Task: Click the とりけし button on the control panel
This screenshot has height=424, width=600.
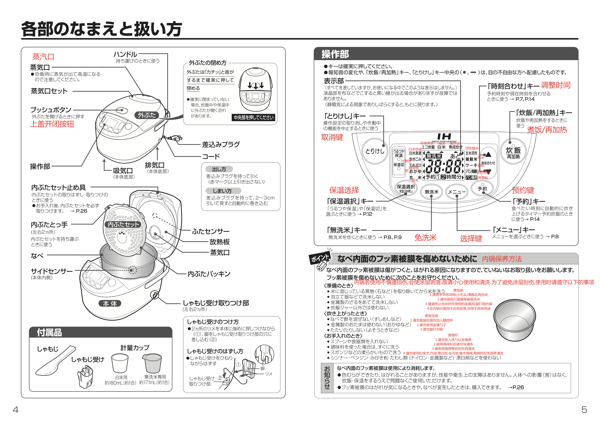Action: (375, 151)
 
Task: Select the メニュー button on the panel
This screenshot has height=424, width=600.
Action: (457, 192)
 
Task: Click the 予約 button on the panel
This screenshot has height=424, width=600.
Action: (482, 188)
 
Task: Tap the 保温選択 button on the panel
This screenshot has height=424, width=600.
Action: (406, 188)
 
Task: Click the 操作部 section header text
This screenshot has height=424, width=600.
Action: (335, 54)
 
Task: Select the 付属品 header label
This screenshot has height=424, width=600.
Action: (49, 333)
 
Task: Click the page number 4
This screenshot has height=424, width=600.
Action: (15, 409)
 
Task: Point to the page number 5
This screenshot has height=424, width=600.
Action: (584, 409)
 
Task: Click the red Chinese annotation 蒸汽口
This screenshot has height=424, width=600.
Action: (43, 57)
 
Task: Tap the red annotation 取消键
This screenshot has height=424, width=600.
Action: (332, 137)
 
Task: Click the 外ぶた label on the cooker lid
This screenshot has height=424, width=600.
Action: (147, 115)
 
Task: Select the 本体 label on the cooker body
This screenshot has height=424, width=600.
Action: (110, 303)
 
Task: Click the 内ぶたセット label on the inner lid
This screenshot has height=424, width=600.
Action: (123, 224)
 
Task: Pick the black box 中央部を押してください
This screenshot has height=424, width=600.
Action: (253, 117)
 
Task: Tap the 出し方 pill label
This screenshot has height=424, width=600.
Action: (219, 169)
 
